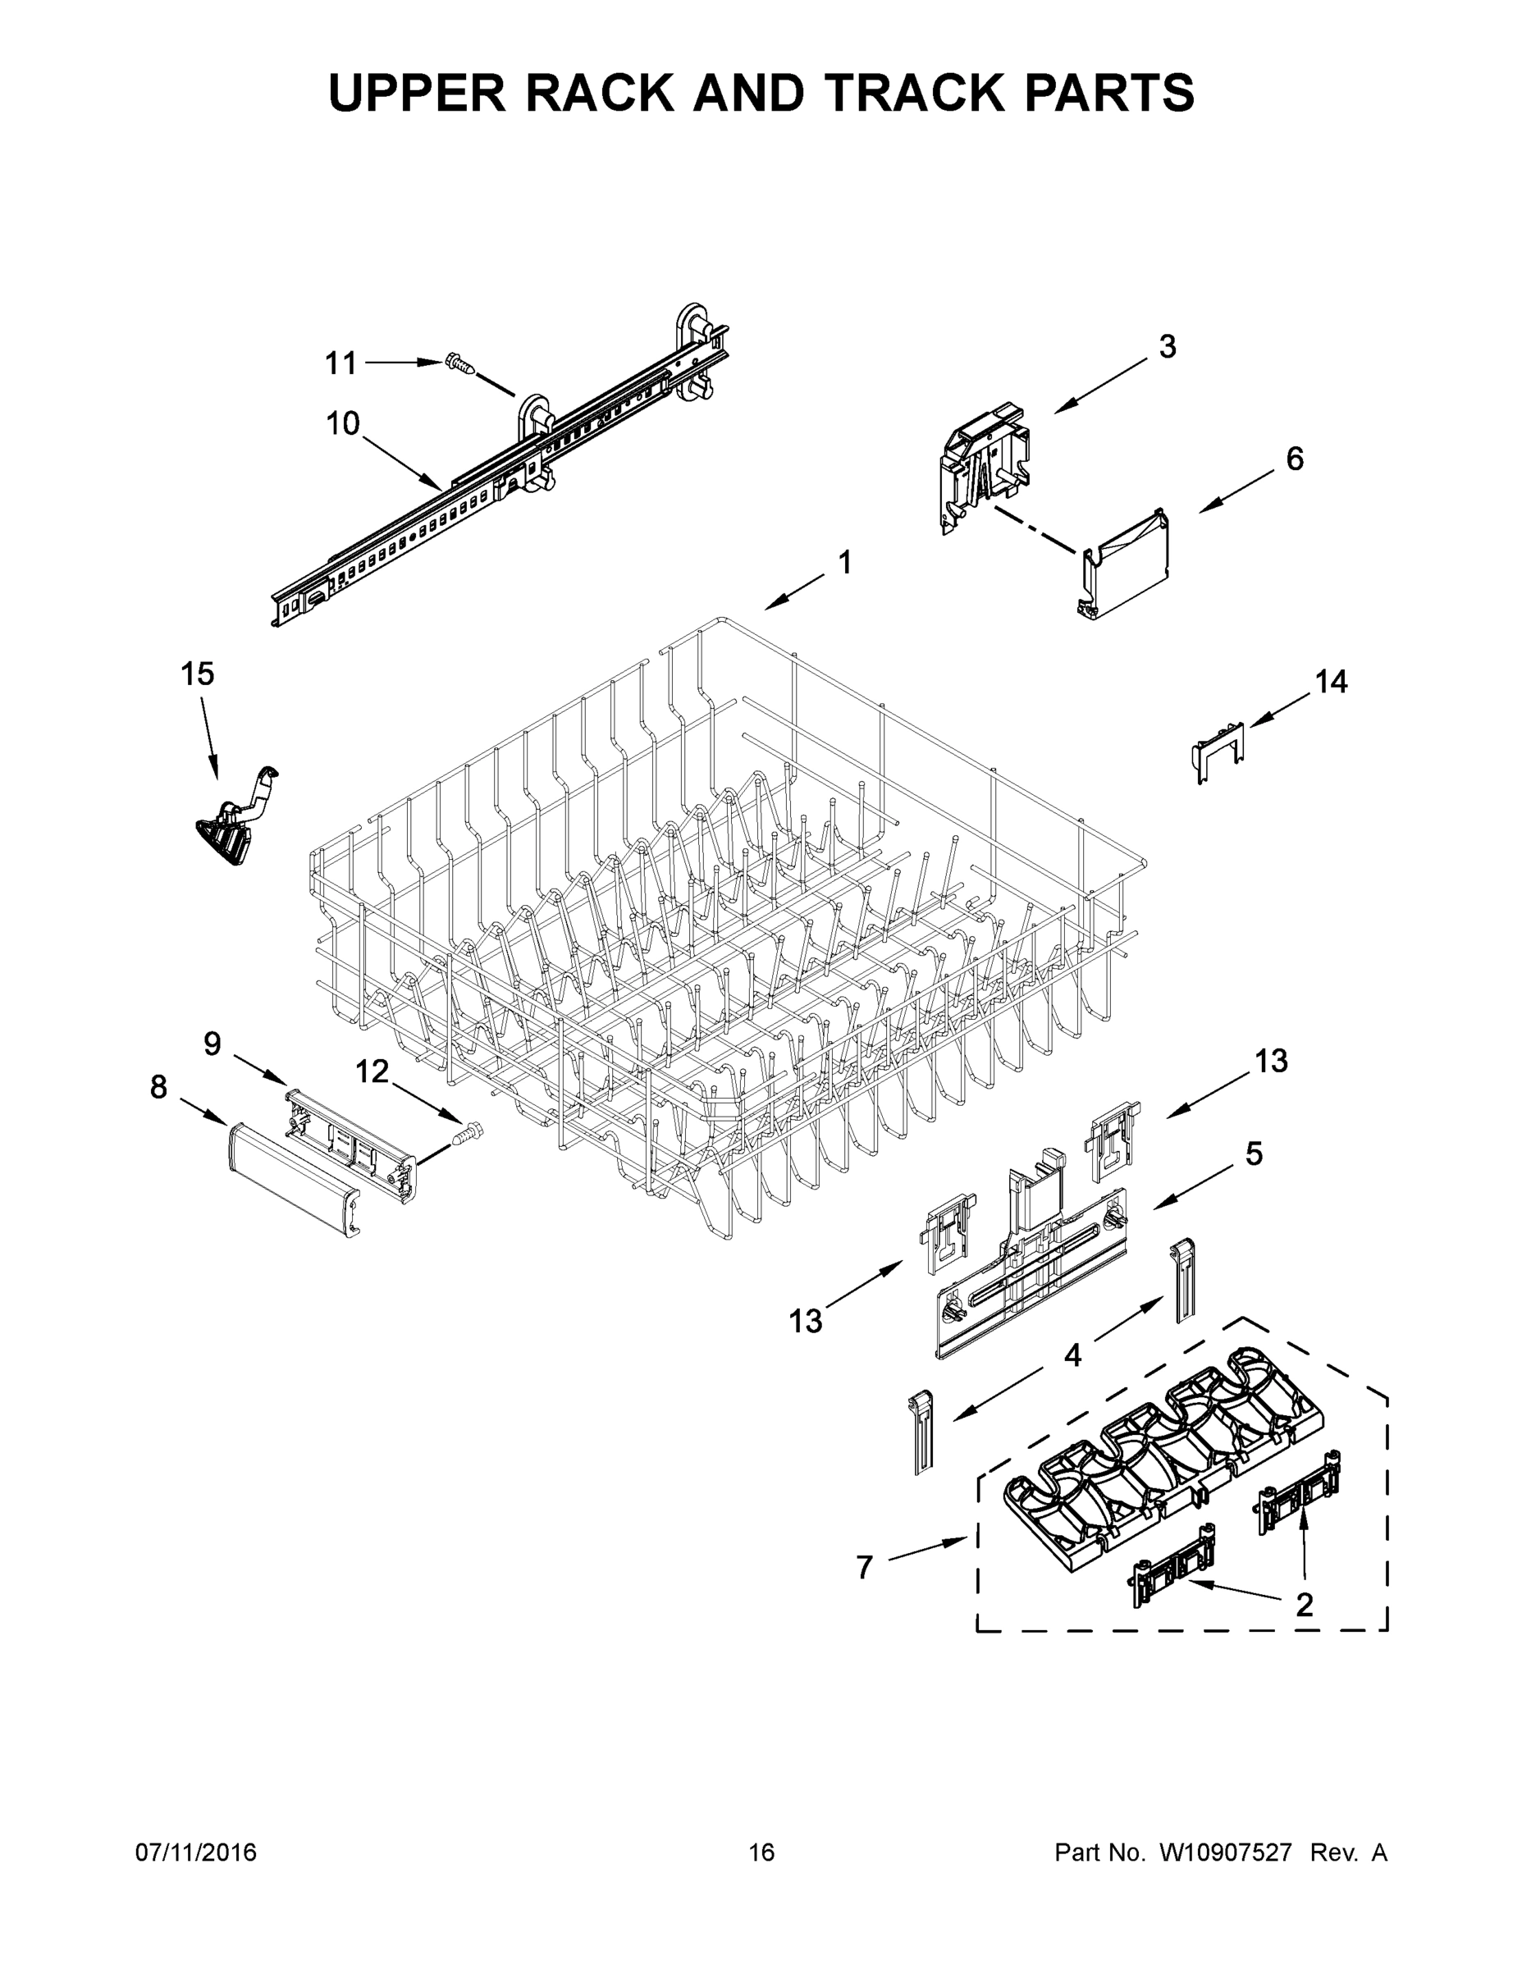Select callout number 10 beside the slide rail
[x=343, y=423]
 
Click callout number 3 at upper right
[x=1167, y=346]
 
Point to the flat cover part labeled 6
[x=1127, y=568]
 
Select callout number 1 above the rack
[x=844, y=563]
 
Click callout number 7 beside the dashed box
[x=864, y=1568]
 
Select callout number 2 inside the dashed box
[x=1304, y=1604]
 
